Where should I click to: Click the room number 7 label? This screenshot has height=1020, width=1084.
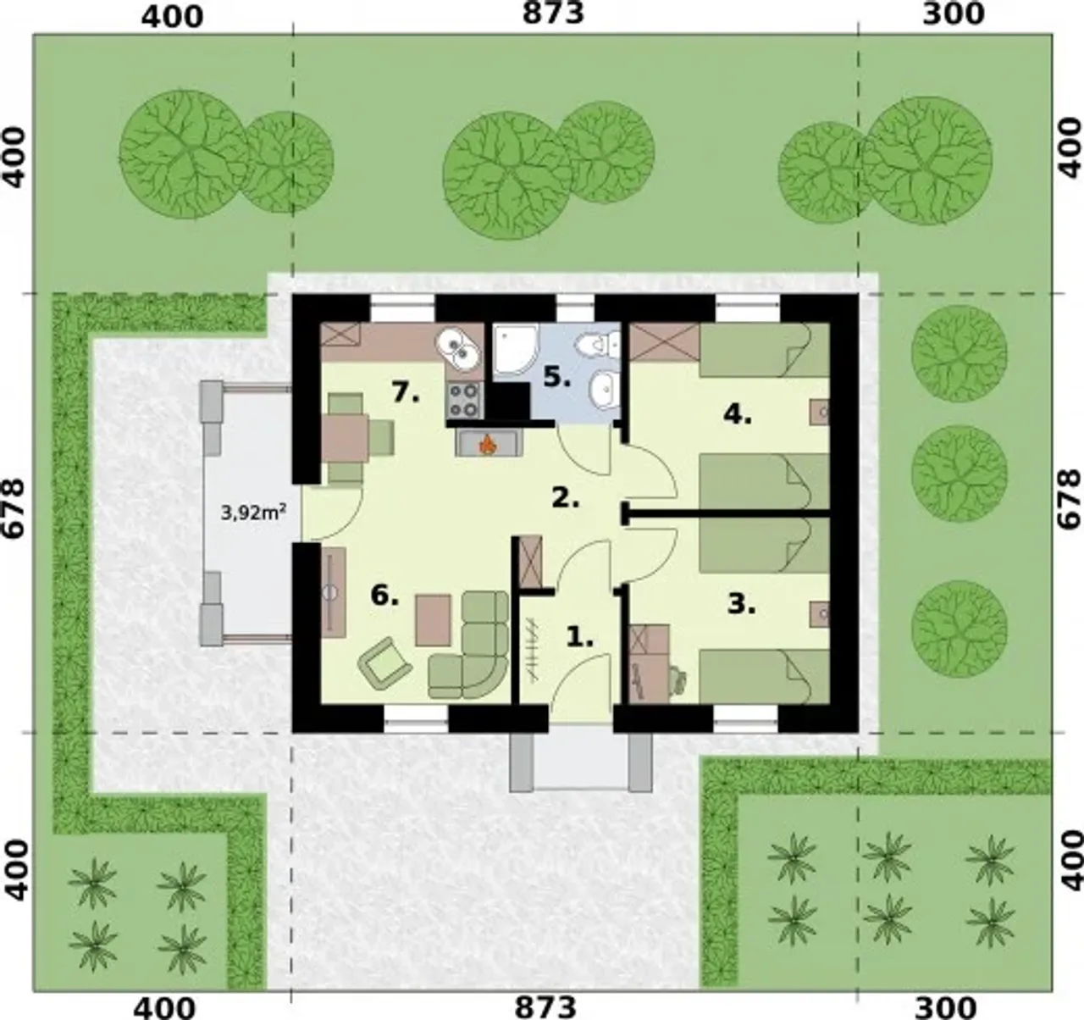pos(406,392)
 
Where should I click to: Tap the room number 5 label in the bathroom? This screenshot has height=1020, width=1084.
pos(556,377)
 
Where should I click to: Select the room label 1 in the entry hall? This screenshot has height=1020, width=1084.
pos(579,637)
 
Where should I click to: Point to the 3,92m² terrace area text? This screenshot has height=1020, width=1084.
pos(254,513)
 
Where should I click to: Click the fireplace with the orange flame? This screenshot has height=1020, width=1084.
pos(489,442)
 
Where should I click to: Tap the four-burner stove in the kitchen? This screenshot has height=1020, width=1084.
pos(464,400)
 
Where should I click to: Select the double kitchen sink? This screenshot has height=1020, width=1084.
pos(459,350)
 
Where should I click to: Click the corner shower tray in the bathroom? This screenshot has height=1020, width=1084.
pos(516,350)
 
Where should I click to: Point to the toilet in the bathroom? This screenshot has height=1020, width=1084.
pos(599,343)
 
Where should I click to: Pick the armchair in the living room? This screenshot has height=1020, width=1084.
pos(384,662)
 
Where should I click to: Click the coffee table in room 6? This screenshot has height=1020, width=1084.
pos(434,621)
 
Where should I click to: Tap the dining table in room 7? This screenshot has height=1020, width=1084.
pos(346,438)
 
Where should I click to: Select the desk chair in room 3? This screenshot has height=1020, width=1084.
pos(677,680)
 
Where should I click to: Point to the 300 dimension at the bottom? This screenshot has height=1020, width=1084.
pos(945,1007)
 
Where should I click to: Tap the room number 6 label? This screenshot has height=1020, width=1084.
pos(384,595)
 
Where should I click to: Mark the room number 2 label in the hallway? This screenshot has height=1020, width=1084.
pos(566,497)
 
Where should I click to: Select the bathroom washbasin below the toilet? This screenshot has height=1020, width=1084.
pos(606,390)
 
